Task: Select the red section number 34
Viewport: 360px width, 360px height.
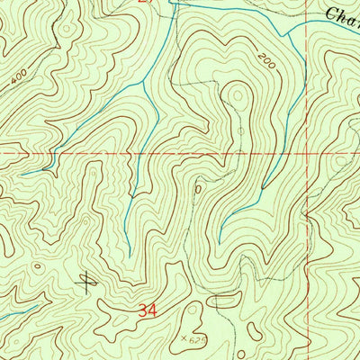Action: (151, 310)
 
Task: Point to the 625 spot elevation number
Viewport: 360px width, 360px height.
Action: (191, 340)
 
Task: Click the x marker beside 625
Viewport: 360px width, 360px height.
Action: (180, 338)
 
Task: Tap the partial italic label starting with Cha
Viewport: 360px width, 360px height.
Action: (342, 13)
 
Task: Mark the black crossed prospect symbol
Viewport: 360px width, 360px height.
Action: (86, 283)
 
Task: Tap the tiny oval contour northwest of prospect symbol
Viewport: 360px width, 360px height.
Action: (37, 266)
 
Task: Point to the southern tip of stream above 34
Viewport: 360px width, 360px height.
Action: (127, 250)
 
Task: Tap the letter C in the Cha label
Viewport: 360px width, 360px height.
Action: (329, 13)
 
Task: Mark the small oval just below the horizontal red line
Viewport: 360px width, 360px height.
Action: (198, 190)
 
